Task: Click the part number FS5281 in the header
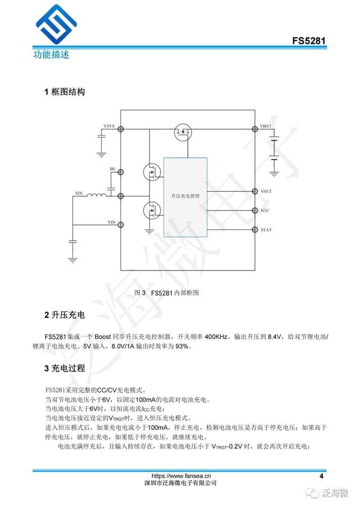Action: pos(309,42)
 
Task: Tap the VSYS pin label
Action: pos(110,126)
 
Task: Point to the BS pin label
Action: pos(112,169)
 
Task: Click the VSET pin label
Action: pos(266,192)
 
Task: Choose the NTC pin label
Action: pos(265,211)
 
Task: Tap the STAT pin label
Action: pos(266,229)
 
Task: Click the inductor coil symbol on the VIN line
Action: pos(97,196)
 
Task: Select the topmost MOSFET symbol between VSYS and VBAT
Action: pos(183,133)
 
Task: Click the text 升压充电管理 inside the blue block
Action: pos(186,196)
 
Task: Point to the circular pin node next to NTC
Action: pos(254,210)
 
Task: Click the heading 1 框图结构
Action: pos(65,92)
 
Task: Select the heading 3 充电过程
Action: pos(65,368)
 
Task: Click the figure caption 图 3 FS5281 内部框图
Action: pos(167,292)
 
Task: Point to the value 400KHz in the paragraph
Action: pos(216,336)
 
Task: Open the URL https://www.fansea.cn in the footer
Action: pos(181,475)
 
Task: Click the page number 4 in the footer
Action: pos(321,476)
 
